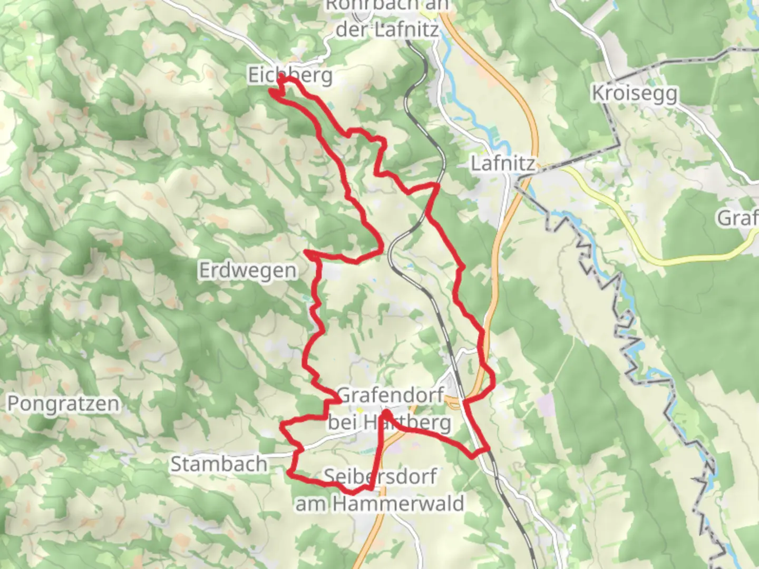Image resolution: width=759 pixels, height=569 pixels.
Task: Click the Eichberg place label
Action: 290,75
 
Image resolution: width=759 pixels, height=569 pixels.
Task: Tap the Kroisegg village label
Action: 634,93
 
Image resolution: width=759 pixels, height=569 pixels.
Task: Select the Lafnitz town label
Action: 502,164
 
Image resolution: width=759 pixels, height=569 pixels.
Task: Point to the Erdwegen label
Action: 248,270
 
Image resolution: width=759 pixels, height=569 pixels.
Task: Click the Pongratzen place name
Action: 63,404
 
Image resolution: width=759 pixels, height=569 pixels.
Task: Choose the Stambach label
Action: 219,464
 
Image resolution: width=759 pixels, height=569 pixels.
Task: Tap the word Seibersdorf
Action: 379,476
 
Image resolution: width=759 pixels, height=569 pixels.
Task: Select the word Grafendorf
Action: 390,395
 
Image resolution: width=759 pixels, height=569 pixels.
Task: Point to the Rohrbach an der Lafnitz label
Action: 387,18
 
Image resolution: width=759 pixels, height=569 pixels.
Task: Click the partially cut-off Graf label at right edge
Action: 738,218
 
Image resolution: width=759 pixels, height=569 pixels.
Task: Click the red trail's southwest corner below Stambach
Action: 290,474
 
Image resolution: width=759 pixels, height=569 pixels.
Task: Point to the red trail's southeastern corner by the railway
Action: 488,449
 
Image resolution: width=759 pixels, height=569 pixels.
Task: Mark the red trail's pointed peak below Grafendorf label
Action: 386,413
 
